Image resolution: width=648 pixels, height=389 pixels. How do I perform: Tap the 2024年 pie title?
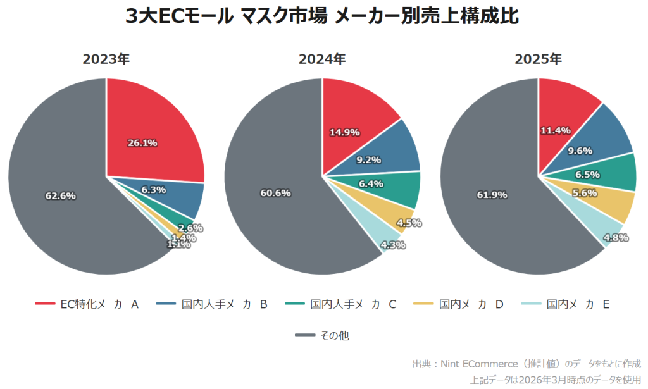point(322,60)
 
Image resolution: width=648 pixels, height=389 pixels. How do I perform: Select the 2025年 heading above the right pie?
point(538,60)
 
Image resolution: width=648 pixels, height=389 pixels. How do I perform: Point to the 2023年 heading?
point(106,60)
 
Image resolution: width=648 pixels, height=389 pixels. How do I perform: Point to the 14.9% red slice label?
point(345,132)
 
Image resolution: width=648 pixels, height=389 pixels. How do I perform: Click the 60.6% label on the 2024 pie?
point(275,193)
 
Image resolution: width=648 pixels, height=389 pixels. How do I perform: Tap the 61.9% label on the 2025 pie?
point(492,195)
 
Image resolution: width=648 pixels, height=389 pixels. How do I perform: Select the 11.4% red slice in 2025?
point(556,130)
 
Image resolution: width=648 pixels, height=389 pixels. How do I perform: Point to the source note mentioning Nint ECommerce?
point(526,364)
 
